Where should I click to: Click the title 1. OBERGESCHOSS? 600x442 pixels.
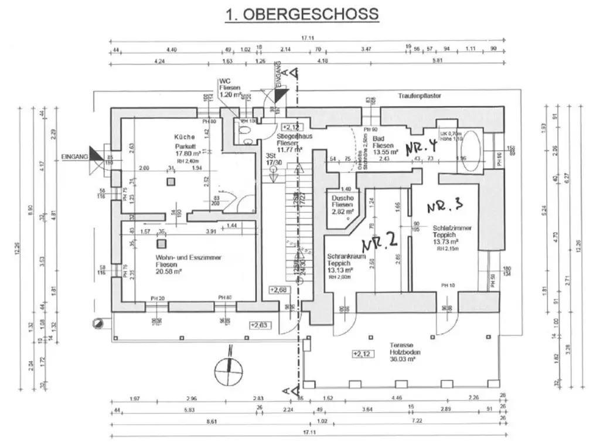(x=302, y=13)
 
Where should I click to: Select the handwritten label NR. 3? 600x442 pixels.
(x=445, y=205)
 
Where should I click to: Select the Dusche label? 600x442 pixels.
(x=342, y=198)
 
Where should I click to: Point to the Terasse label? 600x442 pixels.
(x=401, y=345)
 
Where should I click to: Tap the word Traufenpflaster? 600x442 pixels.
(x=420, y=95)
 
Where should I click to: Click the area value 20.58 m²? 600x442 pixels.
(x=173, y=273)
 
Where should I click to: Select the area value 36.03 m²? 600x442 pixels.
(x=403, y=360)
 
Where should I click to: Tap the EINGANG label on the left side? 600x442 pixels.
(x=74, y=157)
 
